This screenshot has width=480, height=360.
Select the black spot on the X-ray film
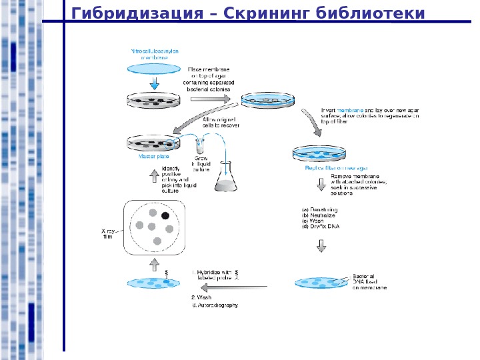pos(165,216)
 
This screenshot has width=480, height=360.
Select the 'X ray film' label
pos(108,233)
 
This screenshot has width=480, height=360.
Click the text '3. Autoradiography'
pos(215,305)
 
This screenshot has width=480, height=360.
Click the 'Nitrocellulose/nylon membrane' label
pos(155,54)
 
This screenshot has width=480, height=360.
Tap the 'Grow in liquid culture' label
pos(201,165)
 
